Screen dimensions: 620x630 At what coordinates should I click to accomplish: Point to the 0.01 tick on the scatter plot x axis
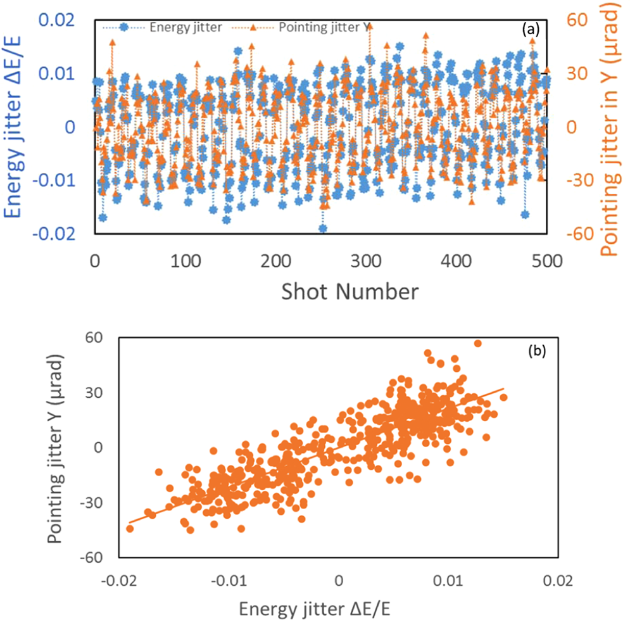[x=450, y=580]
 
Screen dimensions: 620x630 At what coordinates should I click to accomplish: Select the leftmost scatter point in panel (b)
[x=130, y=529]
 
